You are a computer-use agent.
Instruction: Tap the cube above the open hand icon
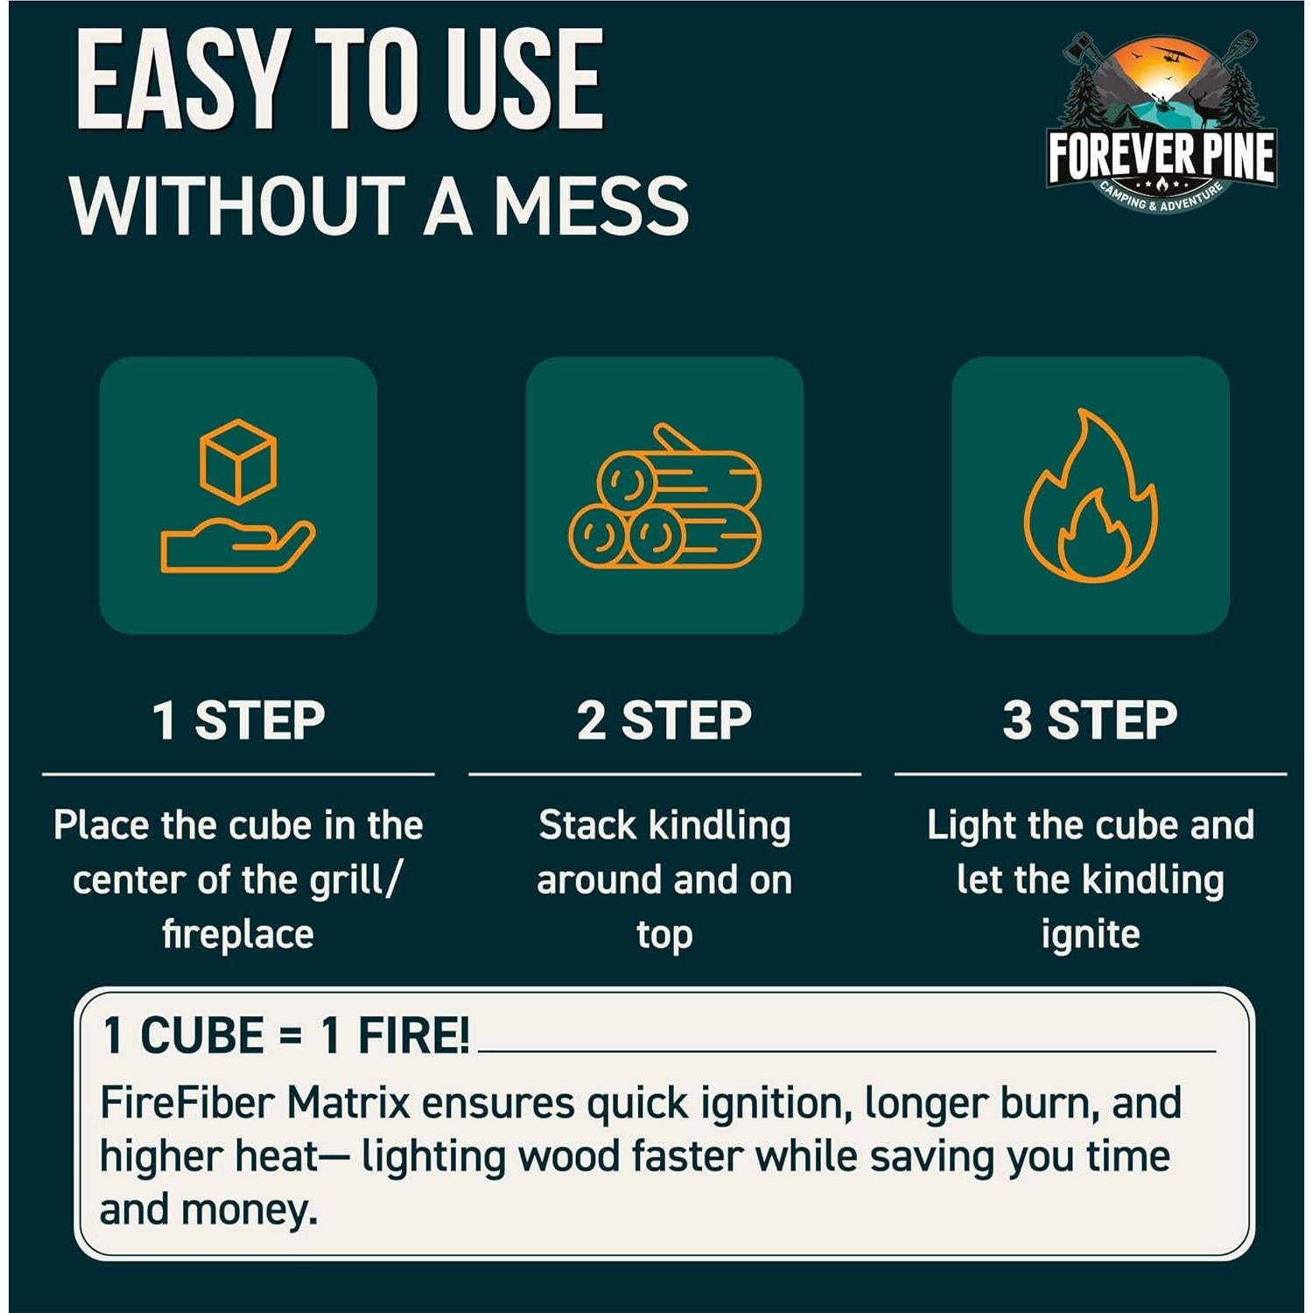tap(238, 461)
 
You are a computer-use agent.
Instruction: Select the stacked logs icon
tap(664, 497)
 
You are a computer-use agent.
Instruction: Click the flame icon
tap(1091, 496)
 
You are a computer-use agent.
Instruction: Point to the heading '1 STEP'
tap(238, 720)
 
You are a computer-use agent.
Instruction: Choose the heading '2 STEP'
tap(664, 720)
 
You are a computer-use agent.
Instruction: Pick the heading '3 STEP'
tap(1091, 720)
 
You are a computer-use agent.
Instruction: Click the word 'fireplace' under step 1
tap(238, 934)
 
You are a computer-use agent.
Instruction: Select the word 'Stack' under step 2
tap(587, 825)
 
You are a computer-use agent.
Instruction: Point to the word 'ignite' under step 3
tap(1091, 934)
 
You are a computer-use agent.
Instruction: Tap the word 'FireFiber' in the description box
tap(187, 1103)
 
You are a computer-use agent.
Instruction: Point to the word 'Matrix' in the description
tap(348, 1103)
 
